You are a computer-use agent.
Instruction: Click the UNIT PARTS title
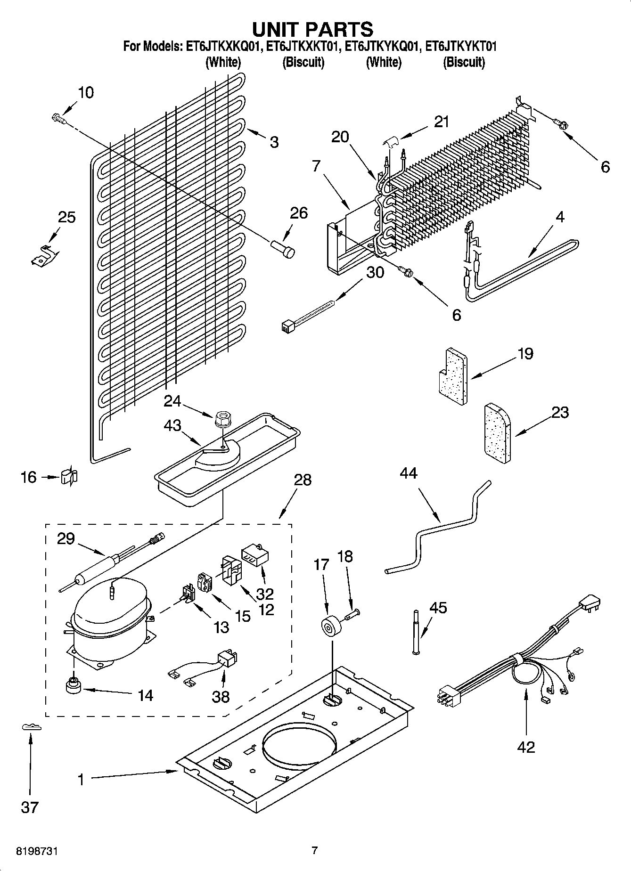click(x=312, y=29)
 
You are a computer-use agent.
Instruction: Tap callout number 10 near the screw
click(x=85, y=93)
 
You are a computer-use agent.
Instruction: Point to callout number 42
click(x=526, y=747)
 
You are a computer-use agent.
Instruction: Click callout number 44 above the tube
click(x=408, y=473)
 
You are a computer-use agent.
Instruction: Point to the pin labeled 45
click(x=416, y=632)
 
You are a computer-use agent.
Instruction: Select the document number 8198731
click(x=37, y=851)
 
